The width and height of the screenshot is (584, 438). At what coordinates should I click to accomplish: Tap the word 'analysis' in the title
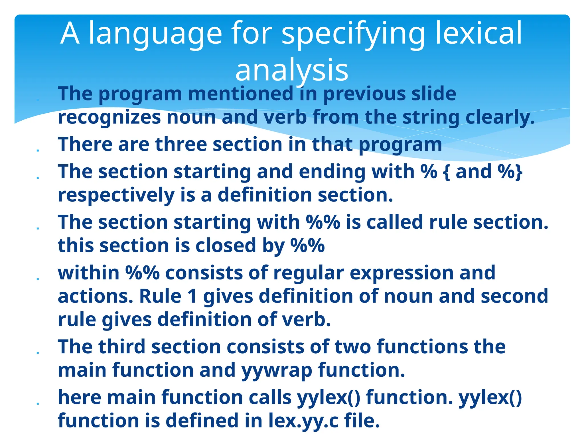tap(292, 70)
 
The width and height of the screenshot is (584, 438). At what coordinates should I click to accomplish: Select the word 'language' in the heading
tap(155, 34)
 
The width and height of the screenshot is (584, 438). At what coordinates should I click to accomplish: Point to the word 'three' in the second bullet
tap(181, 144)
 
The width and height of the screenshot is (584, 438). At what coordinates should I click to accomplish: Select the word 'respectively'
tap(116, 195)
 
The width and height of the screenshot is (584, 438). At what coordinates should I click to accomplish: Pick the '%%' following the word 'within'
tap(143, 273)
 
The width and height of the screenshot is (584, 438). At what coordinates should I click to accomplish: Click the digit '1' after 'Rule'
tap(192, 296)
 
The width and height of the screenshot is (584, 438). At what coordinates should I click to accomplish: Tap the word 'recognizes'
tap(109, 117)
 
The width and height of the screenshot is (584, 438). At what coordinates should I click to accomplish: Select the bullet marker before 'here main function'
tap(38, 403)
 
